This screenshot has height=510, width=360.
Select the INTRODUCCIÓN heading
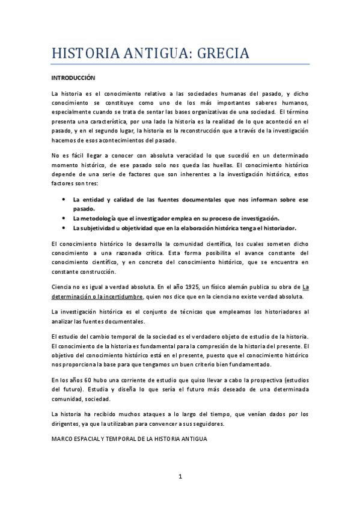73,78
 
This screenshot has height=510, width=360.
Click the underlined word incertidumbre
123,296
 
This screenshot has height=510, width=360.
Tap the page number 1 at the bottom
180,477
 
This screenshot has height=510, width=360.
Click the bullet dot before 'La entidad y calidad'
64,199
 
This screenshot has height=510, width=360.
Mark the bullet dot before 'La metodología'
64,218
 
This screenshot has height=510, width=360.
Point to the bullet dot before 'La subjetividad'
64,229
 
